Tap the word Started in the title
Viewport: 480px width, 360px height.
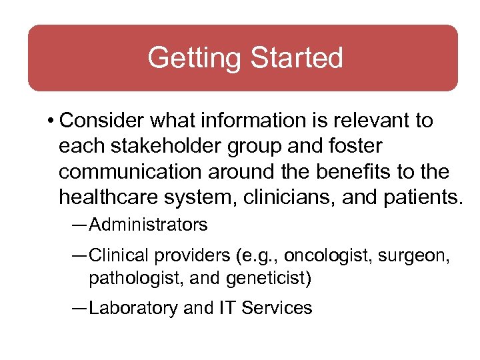295,58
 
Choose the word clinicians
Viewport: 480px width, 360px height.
302,197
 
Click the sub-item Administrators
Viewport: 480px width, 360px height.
148,225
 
